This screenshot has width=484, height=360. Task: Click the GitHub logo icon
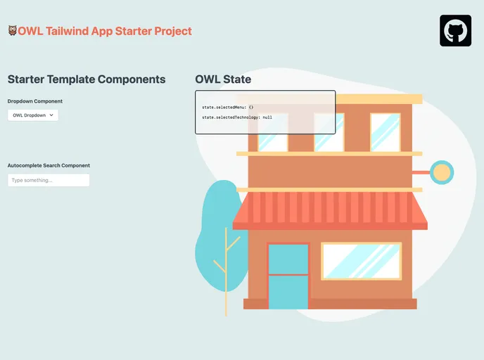[455, 31]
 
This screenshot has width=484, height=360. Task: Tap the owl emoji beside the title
[13, 31]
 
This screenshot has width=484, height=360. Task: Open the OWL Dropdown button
[33, 115]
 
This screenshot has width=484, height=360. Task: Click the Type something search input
[49, 181]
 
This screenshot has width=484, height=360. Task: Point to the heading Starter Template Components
[87, 79]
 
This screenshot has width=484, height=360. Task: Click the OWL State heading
[223, 79]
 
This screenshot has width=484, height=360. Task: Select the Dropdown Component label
[35, 101]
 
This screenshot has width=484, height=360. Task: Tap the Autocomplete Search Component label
[49, 166]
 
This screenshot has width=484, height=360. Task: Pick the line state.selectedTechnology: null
[237, 117]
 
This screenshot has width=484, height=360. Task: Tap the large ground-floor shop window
[361, 261]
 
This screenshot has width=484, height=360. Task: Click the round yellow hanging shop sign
[442, 172]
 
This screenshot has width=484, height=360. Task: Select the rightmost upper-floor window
[385, 132]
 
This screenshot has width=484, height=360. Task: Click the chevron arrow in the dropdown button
[52, 115]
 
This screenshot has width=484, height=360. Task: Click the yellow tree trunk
[226, 281]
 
